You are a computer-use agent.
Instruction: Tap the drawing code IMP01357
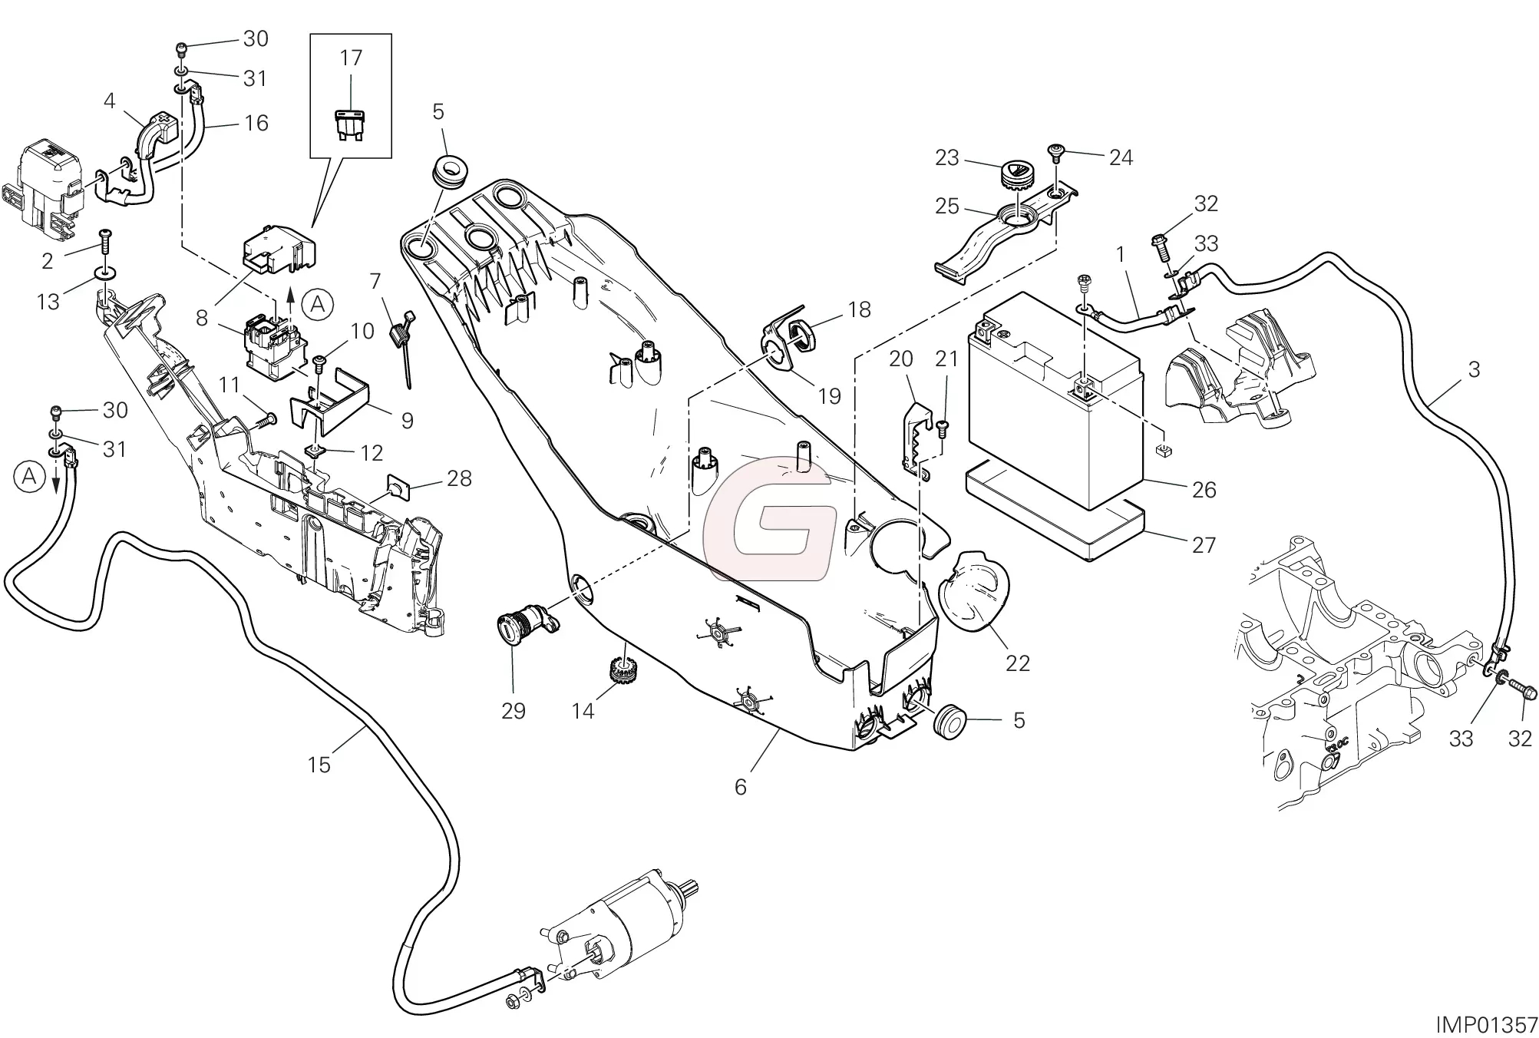click(x=1487, y=1024)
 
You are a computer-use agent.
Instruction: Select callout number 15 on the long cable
click(x=319, y=765)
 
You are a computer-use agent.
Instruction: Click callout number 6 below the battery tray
click(x=740, y=787)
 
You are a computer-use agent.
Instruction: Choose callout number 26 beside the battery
click(x=1204, y=490)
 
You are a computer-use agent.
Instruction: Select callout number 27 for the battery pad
click(x=1204, y=545)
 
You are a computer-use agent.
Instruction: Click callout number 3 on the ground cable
click(x=1473, y=370)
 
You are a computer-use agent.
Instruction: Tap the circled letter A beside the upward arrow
click(x=318, y=306)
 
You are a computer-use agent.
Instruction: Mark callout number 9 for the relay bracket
click(x=407, y=420)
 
